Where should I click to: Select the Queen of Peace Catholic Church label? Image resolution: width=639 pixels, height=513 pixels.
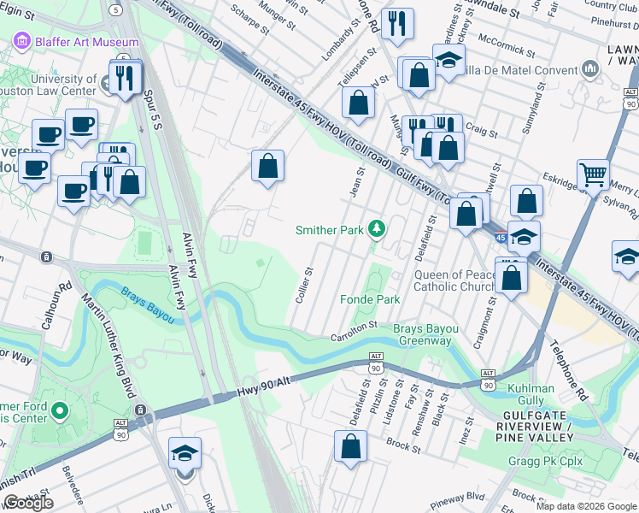click(454, 281)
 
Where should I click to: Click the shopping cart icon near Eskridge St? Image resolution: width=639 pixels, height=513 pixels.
click(592, 175)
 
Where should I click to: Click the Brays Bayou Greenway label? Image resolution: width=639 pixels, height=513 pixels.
click(422, 334)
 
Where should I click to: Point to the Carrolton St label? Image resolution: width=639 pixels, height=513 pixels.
click(355, 330)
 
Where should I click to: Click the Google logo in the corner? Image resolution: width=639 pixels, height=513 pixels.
click(28, 503)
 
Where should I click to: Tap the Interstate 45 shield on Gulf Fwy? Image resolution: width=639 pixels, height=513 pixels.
click(500, 235)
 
